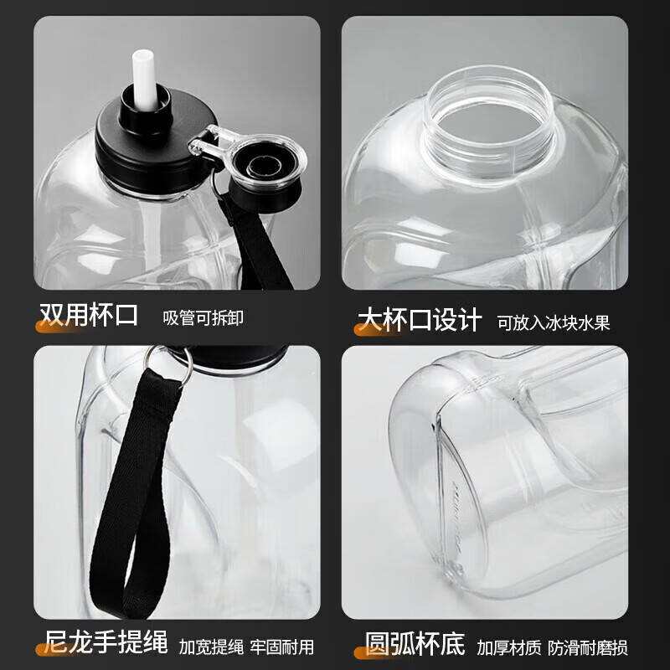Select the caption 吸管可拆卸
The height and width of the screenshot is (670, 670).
pyautogui.click(x=204, y=318)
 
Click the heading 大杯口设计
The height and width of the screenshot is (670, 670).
pyautogui.click(x=420, y=318)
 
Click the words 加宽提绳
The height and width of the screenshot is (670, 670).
pyautogui.click(x=211, y=647)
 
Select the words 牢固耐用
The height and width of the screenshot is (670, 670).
pyautogui.click(x=282, y=647)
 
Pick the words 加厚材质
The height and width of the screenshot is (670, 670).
pyautogui.click(x=509, y=647)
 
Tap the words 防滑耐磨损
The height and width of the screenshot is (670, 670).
pyautogui.click(x=588, y=647)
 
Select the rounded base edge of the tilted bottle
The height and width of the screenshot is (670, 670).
pyautogui.click(x=419, y=435)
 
